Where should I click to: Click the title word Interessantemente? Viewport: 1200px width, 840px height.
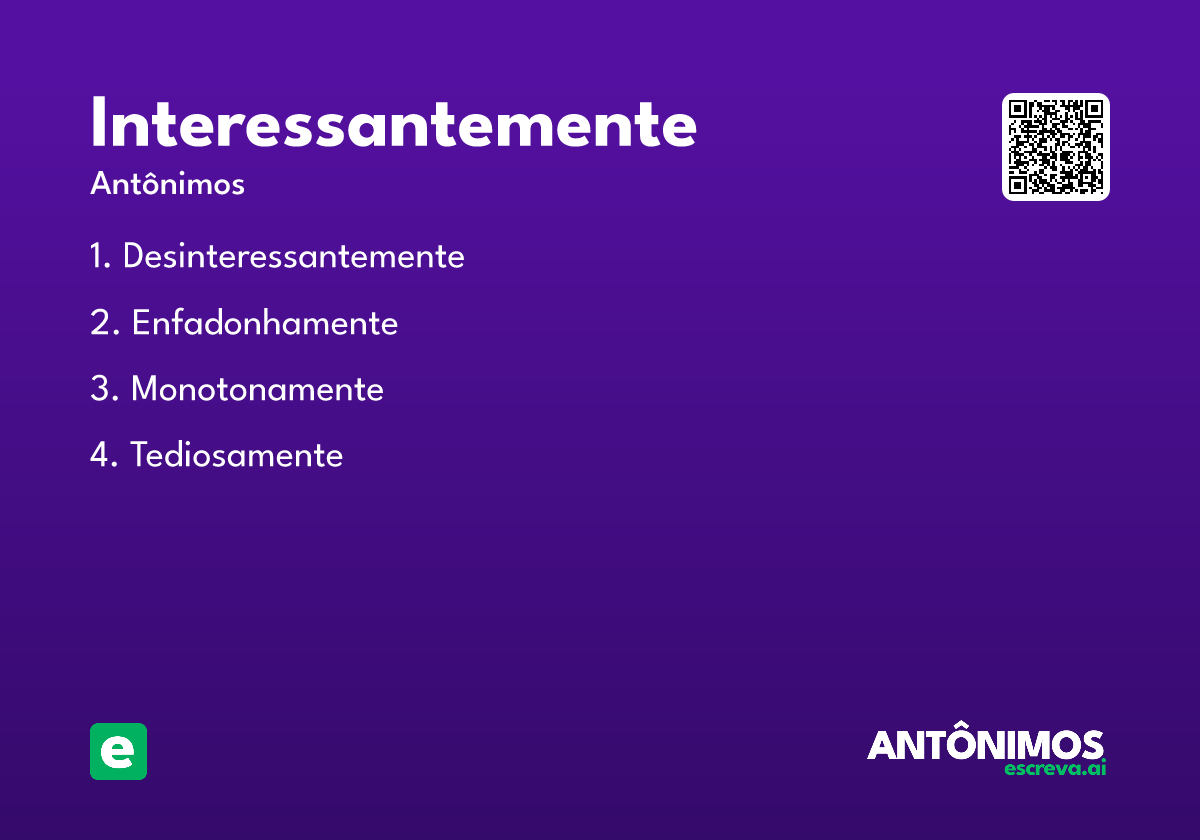(393, 125)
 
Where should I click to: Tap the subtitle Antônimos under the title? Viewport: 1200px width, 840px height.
(167, 185)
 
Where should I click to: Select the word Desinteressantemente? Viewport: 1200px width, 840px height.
(293, 257)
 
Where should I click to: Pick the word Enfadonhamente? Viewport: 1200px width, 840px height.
(265, 324)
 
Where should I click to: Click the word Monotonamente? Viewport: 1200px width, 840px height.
(257, 389)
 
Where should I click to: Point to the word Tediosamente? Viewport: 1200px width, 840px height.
(236, 456)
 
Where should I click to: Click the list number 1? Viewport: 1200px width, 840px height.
(97, 257)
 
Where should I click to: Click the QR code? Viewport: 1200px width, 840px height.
(1055, 147)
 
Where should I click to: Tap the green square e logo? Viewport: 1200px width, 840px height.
(118, 751)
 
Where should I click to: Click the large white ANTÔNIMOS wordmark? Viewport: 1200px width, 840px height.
(985, 745)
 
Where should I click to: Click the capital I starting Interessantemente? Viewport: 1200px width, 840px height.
(98, 125)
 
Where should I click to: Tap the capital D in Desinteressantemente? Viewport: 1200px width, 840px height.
(134, 257)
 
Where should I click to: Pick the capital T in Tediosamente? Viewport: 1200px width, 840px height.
(140, 456)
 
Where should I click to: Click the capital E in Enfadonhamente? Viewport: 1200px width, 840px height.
(141, 324)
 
